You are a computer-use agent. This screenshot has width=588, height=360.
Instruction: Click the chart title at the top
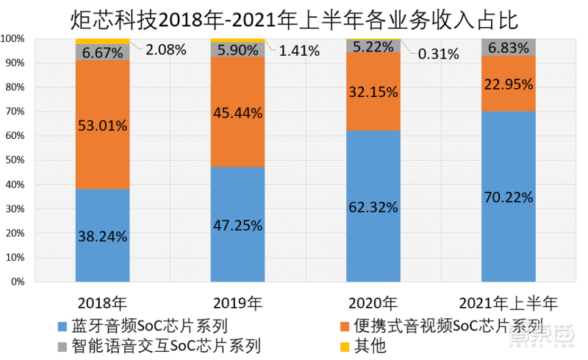click(x=294, y=18)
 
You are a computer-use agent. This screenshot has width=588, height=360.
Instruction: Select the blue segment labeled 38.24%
click(x=103, y=235)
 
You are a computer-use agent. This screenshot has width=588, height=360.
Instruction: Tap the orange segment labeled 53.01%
click(x=103, y=125)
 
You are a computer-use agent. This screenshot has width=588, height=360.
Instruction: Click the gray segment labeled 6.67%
click(x=103, y=51)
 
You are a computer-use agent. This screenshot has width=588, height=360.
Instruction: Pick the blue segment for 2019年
click(x=237, y=224)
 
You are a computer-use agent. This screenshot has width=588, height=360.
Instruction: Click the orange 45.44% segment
click(x=237, y=112)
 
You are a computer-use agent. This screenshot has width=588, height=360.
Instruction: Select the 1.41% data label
click(x=298, y=51)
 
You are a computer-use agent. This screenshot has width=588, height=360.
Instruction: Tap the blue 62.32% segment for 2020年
click(x=373, y=206)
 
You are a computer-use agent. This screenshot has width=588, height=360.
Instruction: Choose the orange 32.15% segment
click(x=373, y=92)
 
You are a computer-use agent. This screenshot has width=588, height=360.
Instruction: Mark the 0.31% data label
click(x=436, y=53)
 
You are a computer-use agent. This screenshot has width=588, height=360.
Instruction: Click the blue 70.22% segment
click(x=508, y=196)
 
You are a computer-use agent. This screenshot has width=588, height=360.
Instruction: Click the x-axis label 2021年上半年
click(x=508, y=303)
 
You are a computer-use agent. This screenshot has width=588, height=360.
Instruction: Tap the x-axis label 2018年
click(x=103, y=303)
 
